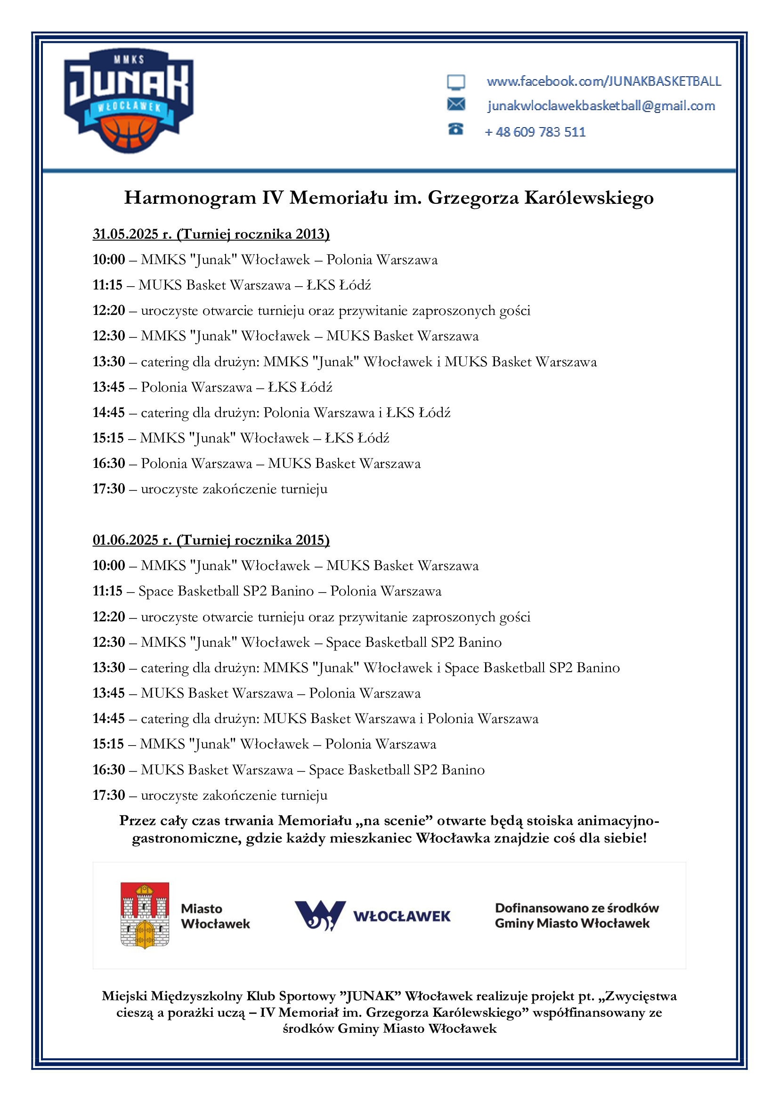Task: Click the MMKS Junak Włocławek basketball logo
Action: pos(129,101)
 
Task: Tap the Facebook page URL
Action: pos(603,81)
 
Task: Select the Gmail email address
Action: pos(600,106)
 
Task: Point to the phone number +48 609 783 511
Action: pos(535,132)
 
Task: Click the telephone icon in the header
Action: pos(455,129)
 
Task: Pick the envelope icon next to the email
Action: pos(456,104)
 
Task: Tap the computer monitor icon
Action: pos(456,82)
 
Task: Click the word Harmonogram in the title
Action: pos(190,198)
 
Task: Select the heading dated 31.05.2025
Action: pos(211,234)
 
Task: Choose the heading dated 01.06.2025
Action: pos(211,540)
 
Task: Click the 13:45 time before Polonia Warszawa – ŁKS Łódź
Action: pos(109,387)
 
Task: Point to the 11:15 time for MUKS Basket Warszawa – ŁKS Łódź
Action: pos(108,285)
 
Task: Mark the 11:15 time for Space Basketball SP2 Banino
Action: pos(108,591)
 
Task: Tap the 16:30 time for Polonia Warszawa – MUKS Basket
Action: pos(109,463)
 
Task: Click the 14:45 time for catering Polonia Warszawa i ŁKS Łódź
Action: pos(109,412)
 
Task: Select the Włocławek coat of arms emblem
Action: pos(145,915)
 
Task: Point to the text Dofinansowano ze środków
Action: pos(576,908)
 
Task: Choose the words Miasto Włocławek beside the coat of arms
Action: pos(215,916)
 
